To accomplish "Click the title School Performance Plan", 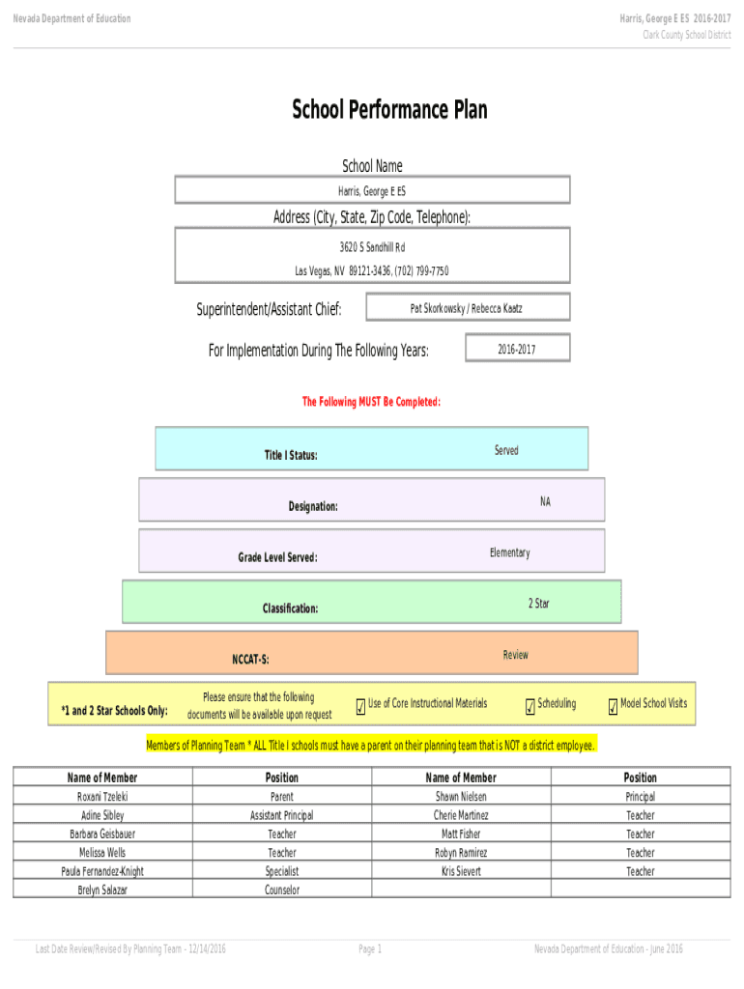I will pyautogui.click(x=389, y=110).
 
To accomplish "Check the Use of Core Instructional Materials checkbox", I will pyautogui.click(x=360, y=709).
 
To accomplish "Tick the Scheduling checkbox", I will pyautogui.click(x=530, y=709).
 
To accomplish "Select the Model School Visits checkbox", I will pyautogui.click(x=613, y=709).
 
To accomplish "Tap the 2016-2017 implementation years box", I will pyautogui.click(x=517, y=349).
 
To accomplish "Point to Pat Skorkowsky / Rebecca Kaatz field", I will pyautogui.click(x=467, y=308).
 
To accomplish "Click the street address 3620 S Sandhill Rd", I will pyautogui.click(x=372, y=247).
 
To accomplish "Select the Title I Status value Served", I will pyautogui.click(x=506, y=450).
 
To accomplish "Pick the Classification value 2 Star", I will pyautogui.click(x=538, y=604).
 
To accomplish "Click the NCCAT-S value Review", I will pyautogui.click(x=515, y=655).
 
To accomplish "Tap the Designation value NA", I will pyautogui.click(x=545, y=501).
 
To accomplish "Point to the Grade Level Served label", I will pyautogui.click(x=277, y=557).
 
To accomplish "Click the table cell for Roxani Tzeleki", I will pyautogui.click(x=102, y=797).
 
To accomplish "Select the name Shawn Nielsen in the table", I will pyautogui.click(x=461, y=797).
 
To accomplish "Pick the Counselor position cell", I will pyautogui.click(x=282, y=890).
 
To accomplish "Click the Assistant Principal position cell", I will pyautogui.click(x=282, y=815).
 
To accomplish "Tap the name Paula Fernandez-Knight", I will pyautogui.click(x=102, y=871).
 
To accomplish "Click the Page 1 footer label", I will pyautogui.click(x=371, y=949).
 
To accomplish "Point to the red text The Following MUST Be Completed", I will pyautogui.click(x=372, y=402).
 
